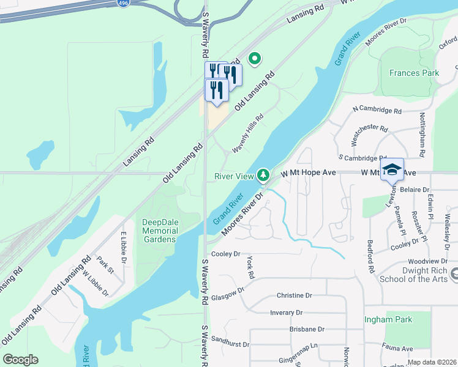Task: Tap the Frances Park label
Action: [x=414, y=73]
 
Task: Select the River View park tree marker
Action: [x=263, y=176]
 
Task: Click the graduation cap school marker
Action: [x=392, y=169]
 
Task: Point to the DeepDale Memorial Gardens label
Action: [x=160, y=231]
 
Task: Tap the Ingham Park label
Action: [x=388, y=319]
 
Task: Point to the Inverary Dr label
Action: [x=287, y=313]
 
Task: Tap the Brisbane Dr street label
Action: [x=307, y=329]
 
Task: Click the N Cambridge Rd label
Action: [x=377, y=111]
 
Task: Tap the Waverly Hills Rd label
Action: [x=247, y=133]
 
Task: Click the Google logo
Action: [x=21, y=359]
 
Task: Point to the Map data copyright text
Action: [x=432, y=362]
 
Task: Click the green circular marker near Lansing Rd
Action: [x=254, y=58]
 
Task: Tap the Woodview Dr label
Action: [x=426, y=261]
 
